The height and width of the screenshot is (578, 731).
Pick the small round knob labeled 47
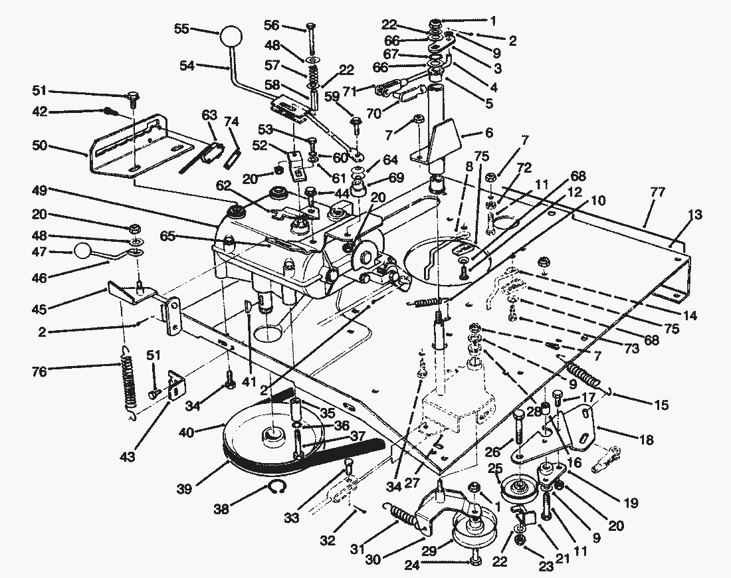coord(82,250)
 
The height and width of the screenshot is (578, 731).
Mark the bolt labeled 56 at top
coord(310,27)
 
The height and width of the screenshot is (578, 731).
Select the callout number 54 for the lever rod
coord(187,65)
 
